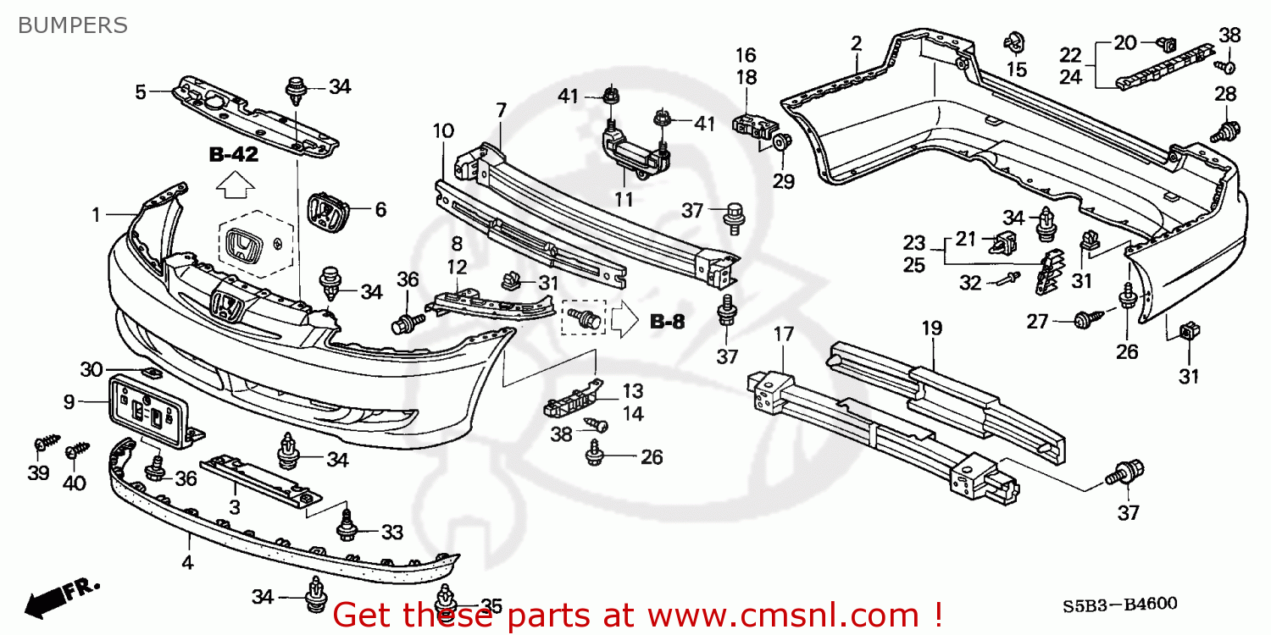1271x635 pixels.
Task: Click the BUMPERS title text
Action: point(73,25)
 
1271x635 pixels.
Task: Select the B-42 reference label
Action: point(234,155)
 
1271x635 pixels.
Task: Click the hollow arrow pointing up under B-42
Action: point(234,185)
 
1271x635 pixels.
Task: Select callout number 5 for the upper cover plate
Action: point(141,91)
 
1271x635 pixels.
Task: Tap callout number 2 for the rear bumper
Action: point(857,42)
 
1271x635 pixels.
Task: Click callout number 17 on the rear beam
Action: point(783,334)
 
